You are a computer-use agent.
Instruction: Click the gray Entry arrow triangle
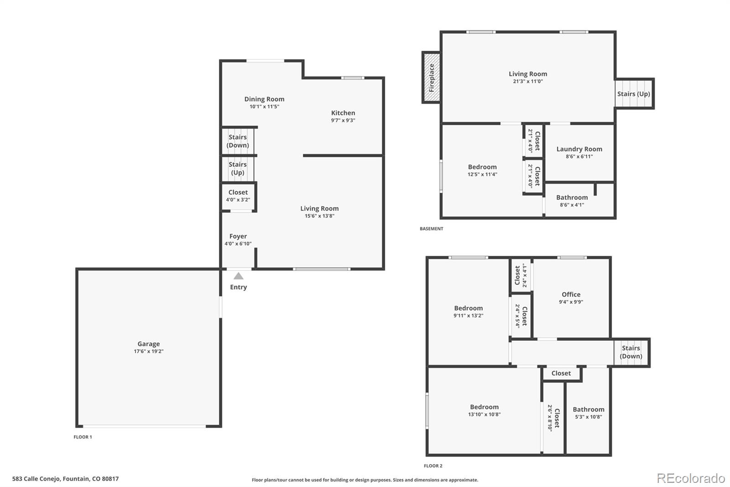coord(239,276)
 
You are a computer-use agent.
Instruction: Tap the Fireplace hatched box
coord(432,78)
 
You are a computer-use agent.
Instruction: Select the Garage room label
coord(149,344)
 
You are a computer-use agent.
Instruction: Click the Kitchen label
coord(343,113)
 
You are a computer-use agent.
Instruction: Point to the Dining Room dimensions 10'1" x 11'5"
coord(264,107)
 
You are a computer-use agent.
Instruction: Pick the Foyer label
coord(238,236)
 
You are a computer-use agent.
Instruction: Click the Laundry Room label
coord(579,149)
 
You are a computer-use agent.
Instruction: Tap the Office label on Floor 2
coord(571,294)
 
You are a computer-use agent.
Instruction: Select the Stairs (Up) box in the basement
coord(634,94)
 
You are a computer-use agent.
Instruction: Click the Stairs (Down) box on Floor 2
coord(631,353)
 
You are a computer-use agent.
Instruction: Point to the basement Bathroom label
coord(572,197)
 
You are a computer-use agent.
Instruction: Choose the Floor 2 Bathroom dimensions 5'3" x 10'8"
coord(589,417)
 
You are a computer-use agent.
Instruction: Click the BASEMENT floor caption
coord(432,229)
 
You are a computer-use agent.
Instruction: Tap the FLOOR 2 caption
coord(433,466)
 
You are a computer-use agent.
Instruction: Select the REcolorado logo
coord(691,478)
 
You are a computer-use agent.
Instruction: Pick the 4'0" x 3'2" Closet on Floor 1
coord(238,196)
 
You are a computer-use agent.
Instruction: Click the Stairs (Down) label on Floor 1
coord(238,141)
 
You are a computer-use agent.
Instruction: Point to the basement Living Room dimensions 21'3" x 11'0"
coord(528,82)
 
